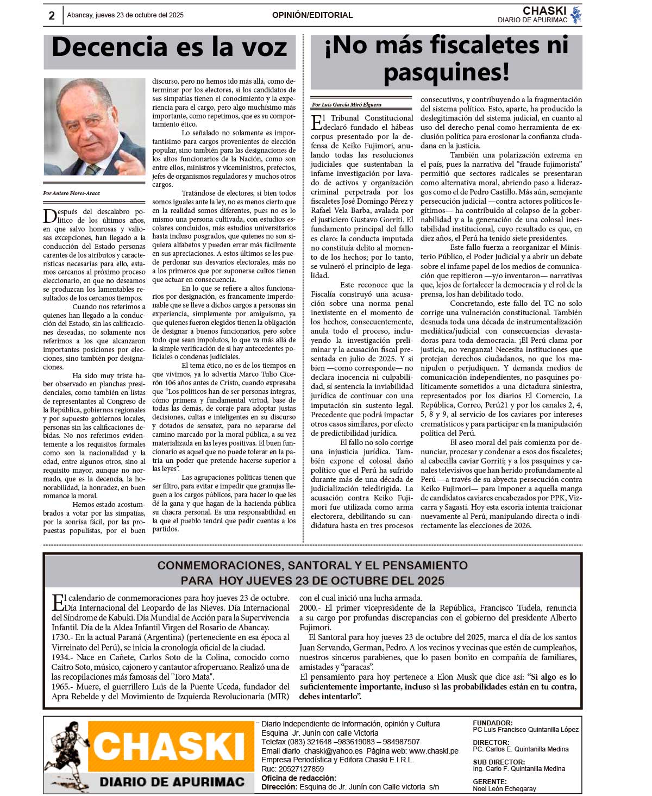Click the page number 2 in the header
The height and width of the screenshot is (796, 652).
52,16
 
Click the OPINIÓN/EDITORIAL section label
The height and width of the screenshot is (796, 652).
312,15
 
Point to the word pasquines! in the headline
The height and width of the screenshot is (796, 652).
446,72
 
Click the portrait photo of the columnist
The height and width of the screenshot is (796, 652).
95,127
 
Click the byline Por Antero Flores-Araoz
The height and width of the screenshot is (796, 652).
72,193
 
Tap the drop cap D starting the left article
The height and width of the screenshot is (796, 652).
49,216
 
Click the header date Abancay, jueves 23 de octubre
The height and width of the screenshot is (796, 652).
125,15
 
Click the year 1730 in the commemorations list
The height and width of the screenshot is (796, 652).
61,637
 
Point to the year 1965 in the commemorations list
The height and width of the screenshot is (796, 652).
61,687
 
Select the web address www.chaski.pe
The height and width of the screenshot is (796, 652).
434,751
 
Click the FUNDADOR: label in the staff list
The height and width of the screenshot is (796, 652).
492,723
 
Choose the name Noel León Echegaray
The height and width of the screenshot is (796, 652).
504,788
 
